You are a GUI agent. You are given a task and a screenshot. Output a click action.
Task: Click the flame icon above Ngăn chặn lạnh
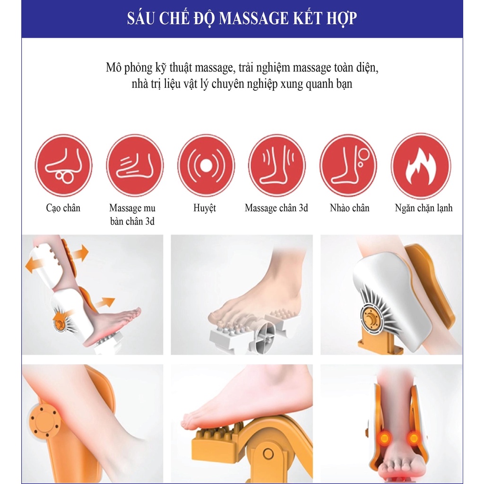(x=421, y=166)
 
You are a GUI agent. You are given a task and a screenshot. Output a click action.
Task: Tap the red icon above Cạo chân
(x=63, y=165)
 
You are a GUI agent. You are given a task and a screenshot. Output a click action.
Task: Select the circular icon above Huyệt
(x=206, y=165)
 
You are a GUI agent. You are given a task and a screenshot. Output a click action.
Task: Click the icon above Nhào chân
(x=348, y=165)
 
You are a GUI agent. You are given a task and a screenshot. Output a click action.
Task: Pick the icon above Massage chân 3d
(x=277, y=165)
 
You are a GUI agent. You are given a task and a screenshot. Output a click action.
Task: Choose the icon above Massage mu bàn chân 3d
(x=135, y=165)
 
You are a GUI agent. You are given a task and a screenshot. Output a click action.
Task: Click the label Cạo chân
(x=63, y=208)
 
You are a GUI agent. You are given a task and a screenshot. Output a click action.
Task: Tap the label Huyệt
(x=205, y=208)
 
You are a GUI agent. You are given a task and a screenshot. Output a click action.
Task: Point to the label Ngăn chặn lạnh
(x=423, y=208)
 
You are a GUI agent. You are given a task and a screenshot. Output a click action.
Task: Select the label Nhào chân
(x=350, y=208)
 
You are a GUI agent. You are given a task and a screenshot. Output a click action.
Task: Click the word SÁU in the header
(x=140, y=18)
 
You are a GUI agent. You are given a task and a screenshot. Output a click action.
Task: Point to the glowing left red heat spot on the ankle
(x=384, y=438)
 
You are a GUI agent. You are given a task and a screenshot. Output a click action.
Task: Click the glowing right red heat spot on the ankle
(x=414, y=438)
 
